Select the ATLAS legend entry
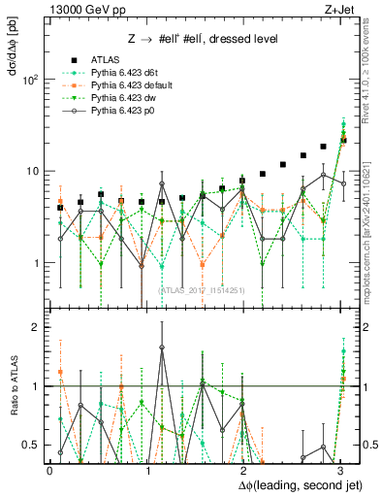pyautogui.click(x=105, y=60)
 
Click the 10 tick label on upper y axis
pyautogui.click(x=32, y=171)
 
